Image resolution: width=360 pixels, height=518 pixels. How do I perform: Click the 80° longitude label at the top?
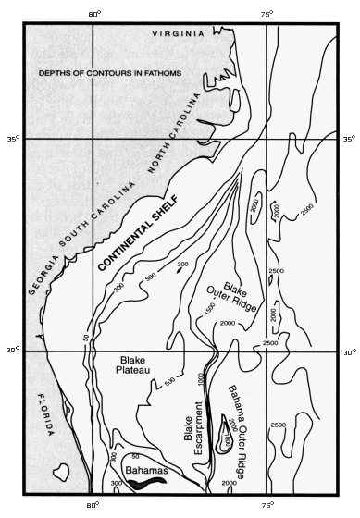coord(93,13)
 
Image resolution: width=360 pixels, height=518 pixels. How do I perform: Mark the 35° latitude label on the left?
coord(13,140)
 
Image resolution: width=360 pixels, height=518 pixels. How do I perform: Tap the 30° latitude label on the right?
coord(348,351)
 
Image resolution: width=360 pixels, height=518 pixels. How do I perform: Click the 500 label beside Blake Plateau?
coord(169,379)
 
